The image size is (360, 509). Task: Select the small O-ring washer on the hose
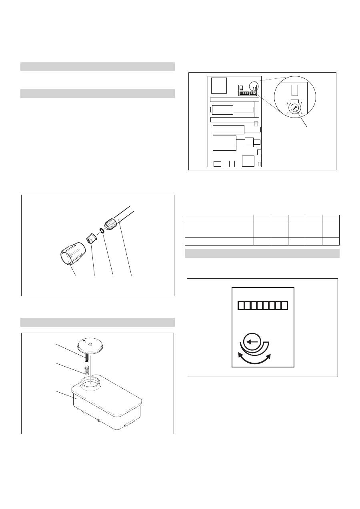[102, 231]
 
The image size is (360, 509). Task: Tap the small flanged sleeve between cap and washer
[92, 238]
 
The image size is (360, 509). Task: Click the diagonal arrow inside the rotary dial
[294, 108]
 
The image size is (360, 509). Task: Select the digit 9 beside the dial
[287, 103]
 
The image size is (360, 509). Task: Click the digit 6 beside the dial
[287, 113]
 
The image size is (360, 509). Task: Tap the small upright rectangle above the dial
[294, 90]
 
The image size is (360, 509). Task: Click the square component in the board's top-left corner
[219, 86]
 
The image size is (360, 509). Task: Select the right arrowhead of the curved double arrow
[268, 356]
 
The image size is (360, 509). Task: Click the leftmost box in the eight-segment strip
[241, 305]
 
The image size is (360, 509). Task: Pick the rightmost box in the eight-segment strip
[284, 305]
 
